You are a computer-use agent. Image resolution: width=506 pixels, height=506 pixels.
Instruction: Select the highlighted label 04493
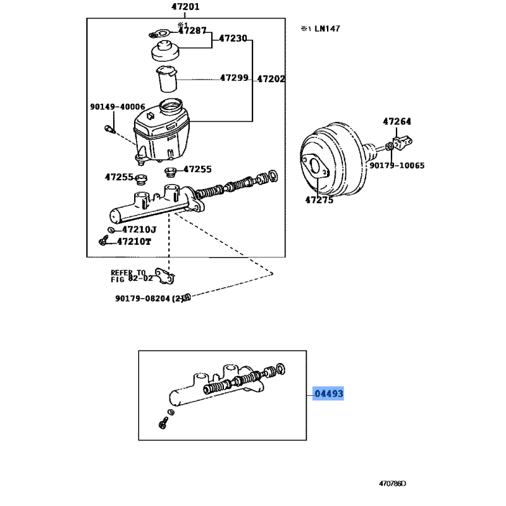(329, 394)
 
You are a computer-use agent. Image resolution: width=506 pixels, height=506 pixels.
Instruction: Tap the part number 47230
(233, 38)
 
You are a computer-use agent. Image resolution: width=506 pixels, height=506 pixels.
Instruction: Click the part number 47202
(271, 79)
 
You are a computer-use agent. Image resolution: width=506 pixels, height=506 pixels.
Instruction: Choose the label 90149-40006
(117, 107)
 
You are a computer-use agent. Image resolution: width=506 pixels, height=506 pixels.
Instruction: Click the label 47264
(397, 121)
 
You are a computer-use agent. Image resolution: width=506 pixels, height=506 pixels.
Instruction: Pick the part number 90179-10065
(397, 166)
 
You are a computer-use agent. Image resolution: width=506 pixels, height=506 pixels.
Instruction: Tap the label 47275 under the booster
(319, 200)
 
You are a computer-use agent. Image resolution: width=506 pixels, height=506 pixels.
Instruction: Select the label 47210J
(138, 229)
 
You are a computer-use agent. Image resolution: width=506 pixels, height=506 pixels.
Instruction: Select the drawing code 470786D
(393, 484)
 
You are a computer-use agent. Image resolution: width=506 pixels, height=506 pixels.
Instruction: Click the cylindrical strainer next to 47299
(167, 79)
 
